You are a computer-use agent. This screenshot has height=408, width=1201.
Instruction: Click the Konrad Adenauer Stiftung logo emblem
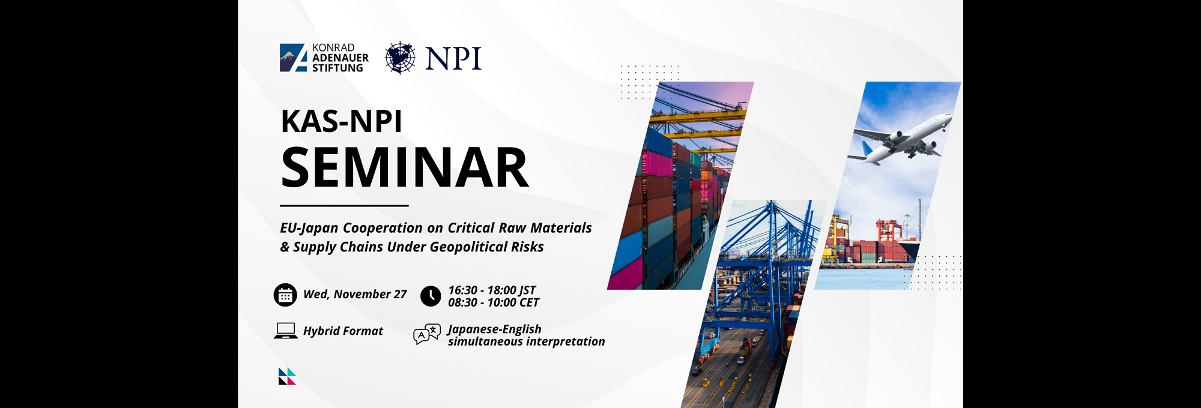coord(294,58)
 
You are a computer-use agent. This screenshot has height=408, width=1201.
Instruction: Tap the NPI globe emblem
coord(400,58)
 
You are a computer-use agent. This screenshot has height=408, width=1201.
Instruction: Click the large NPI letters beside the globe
coord(453,59)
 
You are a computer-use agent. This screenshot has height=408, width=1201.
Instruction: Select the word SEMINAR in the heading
coord(405,167)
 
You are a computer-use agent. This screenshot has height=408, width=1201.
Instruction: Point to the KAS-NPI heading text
coord(341,121)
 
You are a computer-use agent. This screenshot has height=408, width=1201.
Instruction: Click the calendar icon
coord(285,295)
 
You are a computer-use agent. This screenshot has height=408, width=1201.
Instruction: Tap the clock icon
coord(431,296)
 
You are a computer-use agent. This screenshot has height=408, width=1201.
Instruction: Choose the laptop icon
coord(286,331)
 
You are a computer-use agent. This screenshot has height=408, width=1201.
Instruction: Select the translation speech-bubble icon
coord(427,334)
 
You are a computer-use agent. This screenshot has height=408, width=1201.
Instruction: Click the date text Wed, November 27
coord(355,294)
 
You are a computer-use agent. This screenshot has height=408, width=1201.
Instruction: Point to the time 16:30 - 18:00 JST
coord(492,290)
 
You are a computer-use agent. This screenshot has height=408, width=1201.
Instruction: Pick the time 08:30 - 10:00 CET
coord(494,302)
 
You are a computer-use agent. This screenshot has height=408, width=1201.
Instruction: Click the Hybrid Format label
coord(343,331)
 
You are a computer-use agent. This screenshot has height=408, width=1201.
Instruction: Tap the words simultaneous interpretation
coord(527,341)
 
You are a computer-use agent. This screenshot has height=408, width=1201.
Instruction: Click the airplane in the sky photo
coord(900,140)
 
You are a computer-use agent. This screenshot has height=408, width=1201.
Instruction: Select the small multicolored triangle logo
coord(287,376)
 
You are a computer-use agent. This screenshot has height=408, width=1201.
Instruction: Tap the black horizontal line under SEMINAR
coord(344,206)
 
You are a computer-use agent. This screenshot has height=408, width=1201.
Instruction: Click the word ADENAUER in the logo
coord(340,58)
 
